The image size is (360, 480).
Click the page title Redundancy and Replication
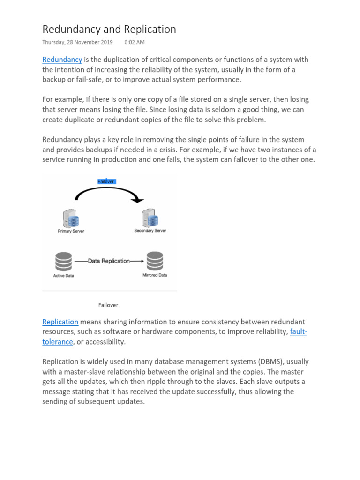(109, 29)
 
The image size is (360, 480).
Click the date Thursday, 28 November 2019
(77, 42)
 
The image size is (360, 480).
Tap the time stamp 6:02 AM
(135, 42)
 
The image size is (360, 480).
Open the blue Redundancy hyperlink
(62, 60)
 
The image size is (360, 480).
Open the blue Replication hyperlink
(60, 322)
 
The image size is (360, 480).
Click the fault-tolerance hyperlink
(299, 332)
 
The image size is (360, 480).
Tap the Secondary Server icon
(150, 218)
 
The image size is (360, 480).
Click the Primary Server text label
(71, 231)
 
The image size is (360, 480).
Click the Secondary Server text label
(150, 231)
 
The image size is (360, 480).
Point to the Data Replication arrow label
(109, 261)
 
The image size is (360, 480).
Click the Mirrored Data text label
(155, 275)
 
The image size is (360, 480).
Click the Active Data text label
(63, 276)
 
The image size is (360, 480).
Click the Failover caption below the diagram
(108, 305)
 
